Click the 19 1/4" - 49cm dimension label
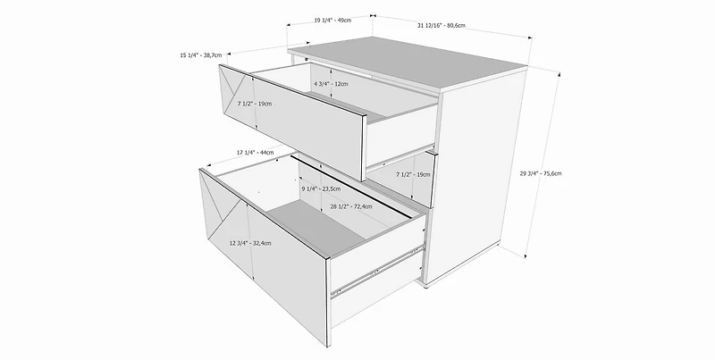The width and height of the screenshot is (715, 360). click(332, 20)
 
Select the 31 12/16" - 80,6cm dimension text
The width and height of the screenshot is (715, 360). click(441, 26)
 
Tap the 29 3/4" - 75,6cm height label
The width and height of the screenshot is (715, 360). click(541, 173)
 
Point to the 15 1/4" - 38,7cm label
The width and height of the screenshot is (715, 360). click(200, 55)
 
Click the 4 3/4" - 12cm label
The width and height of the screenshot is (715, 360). click(331, 84)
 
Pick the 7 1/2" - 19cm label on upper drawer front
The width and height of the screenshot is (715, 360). click(255, 104)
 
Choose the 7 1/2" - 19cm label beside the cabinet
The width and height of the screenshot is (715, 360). click(413, 174)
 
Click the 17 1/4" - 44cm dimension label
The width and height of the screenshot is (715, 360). click(255, 152)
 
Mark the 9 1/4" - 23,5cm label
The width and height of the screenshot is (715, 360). click(321, 188)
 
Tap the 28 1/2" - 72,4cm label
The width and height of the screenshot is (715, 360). click(350, 206)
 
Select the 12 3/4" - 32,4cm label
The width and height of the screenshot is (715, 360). click(250, 243)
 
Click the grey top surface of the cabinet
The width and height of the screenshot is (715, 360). click(408, 63)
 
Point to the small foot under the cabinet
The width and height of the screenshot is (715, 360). click(425, 286)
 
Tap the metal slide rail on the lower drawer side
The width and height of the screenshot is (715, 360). click(377, 270)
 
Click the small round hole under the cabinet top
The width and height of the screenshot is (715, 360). click(307, 58)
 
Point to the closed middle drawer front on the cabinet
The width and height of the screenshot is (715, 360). click(401, 179)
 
